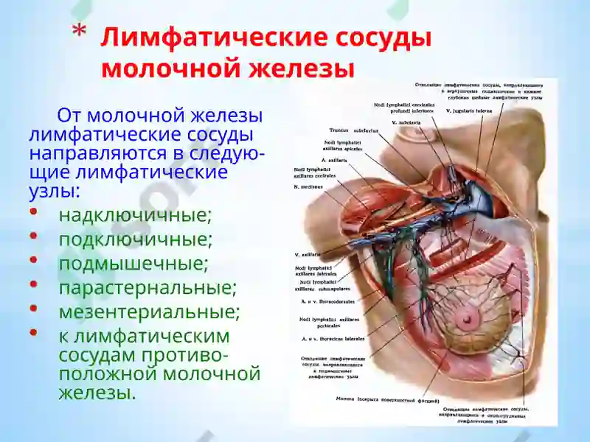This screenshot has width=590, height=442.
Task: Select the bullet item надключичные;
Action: (x=135, y=215)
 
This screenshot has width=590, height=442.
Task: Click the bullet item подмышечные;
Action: (x=133, y=263)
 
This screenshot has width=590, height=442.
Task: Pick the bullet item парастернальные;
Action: (x=147, y=287)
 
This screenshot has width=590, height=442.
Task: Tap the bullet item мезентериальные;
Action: (x=150, y=312)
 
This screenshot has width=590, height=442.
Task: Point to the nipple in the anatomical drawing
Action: (x=466, y=318)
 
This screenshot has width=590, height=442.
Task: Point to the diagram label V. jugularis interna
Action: (x=469, y=110)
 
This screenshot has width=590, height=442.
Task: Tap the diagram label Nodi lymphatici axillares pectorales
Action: (x=324, y=323)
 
